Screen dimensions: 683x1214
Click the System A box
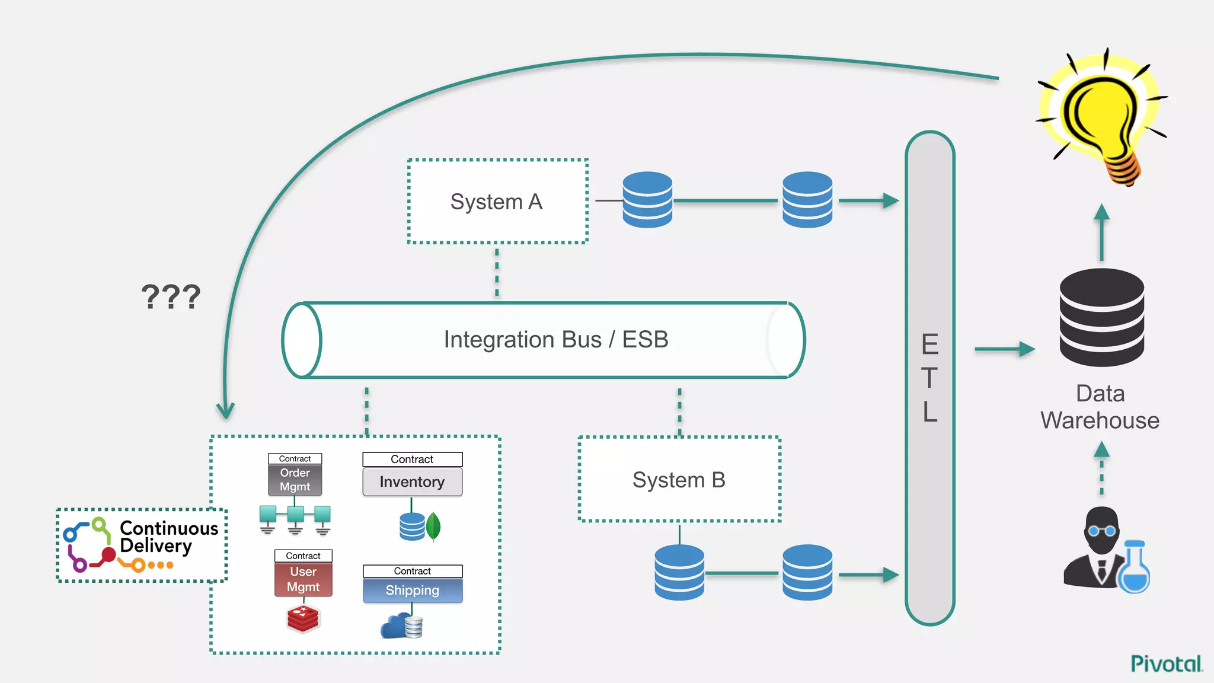point(497,202)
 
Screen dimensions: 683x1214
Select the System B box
point(679,480)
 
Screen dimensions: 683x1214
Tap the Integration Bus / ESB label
point(555,340)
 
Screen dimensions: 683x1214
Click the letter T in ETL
point(929,378)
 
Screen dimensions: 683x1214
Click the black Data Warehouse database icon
point(1101,317)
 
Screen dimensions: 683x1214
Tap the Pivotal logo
point(1166,663)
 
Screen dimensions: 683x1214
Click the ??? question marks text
point(171,296)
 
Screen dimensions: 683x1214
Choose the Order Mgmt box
point(295,480)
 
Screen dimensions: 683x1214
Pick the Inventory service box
point(412,482)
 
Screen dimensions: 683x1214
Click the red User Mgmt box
point(303,579)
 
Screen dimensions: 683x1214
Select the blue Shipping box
point(413,591)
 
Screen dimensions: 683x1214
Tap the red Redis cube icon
point(303,618)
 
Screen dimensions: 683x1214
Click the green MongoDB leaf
point(433,526)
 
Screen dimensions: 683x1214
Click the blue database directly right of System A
point(647,200)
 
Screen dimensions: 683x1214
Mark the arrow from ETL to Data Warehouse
point(1004,349)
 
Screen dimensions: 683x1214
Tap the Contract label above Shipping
point(413,571)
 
